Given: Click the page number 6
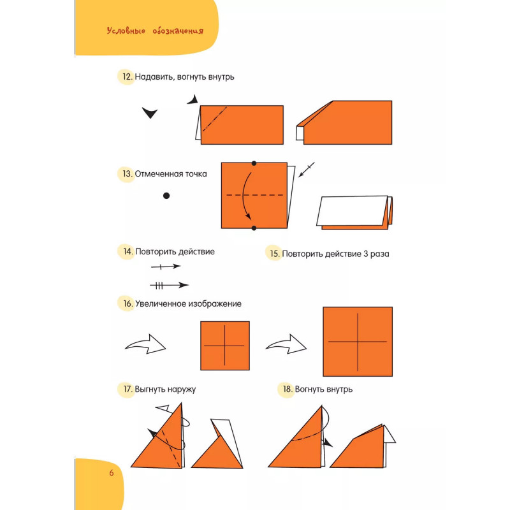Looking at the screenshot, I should [111, 473].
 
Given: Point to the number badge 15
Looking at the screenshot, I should [275, 254].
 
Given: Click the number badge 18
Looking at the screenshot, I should [287, 389].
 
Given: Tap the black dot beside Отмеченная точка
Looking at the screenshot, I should [166, 196].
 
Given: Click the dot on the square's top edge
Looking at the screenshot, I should [254, 163].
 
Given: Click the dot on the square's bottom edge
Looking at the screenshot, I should [254, 228].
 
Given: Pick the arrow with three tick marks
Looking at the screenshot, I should [170, 285].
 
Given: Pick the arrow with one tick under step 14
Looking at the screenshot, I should [166, 266].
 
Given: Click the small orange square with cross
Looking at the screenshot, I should [225, 346].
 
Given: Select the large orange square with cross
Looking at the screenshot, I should [357, 341].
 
